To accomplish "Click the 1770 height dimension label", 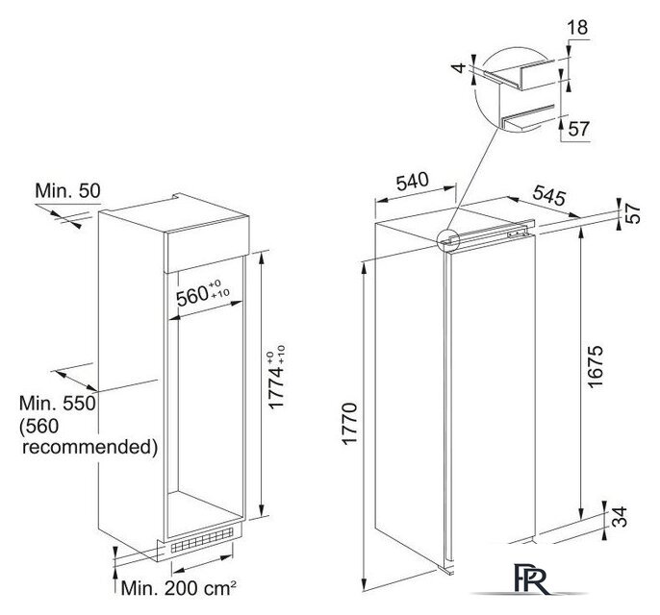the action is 350,424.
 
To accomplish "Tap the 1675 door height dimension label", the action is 596,366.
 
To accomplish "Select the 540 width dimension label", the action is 413,182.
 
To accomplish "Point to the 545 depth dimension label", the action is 548,195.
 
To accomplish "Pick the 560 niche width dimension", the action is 203,293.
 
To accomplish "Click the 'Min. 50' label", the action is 67,190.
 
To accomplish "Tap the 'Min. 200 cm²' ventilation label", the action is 179,588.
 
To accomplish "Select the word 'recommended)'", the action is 89,447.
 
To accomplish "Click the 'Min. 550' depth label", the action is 58,404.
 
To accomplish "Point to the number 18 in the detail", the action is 577,28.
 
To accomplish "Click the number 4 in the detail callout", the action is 461,67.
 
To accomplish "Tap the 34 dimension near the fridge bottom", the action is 620,517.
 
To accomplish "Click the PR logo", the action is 532,578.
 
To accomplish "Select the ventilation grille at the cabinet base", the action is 202,540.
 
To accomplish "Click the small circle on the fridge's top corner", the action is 447,241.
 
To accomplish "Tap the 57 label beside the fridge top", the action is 634,213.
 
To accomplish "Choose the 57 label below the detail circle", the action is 579,128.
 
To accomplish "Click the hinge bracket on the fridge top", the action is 517,234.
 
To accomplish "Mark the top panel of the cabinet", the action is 174,214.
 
